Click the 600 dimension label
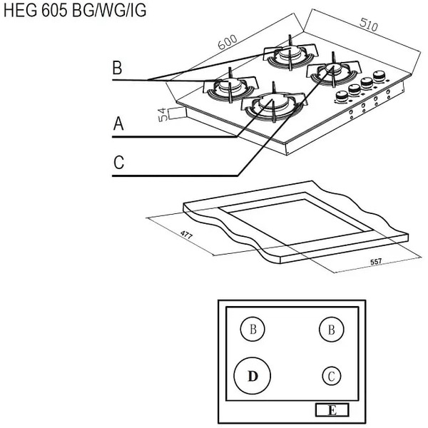pos(228,41)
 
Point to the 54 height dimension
pos(162,114)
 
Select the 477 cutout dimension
pos(185,235)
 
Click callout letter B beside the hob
pos(118,68)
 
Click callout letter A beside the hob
pos(118,125)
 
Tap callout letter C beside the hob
pos(118,163)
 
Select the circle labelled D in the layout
pos(252,374)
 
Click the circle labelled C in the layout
pos(330,375)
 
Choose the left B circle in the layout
pos(252,330)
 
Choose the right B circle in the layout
pos(330,330)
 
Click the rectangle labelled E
pos(332,410)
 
